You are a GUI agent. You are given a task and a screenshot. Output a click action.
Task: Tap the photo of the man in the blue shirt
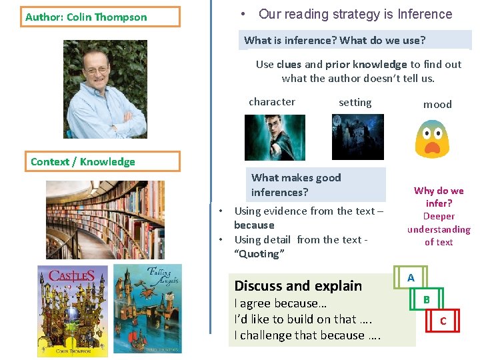(x=105, y=89)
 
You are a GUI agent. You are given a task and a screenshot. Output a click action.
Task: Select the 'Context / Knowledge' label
(x=105, y=162)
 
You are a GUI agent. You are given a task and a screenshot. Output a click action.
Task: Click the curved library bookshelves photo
(x=105, y=220)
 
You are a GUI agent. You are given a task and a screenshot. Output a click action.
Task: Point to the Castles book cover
(x=72, y=311)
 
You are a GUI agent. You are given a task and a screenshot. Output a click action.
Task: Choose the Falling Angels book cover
(x=147, y=308)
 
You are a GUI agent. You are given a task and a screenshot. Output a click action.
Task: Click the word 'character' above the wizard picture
(x=271, y=102)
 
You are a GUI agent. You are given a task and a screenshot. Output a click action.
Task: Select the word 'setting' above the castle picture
(x=355, y=103)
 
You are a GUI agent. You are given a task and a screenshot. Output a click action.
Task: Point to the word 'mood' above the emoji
(x=437, y=104)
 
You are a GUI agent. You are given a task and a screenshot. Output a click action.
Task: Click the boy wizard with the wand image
(x=274, y=137)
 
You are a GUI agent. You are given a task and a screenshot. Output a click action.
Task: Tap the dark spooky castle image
(x=358, y=137)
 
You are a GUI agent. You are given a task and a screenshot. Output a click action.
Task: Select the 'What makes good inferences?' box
(x=318, y=185)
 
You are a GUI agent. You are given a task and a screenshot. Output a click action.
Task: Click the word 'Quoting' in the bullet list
(x=259, y=254)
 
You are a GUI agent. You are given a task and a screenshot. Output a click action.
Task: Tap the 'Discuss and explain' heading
(x=298, y=286)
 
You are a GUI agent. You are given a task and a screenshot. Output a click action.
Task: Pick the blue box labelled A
(x=411, y=277)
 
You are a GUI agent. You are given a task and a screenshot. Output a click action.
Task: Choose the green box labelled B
(x=427, y=300)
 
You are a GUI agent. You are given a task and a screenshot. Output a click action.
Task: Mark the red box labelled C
(x=443, y=322)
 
